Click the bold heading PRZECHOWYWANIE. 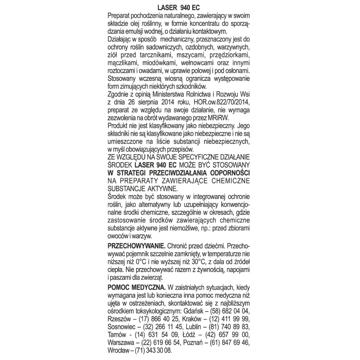pos(136,246)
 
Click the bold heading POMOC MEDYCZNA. pos(137,287)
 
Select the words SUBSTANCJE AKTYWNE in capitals pos(140,189)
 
